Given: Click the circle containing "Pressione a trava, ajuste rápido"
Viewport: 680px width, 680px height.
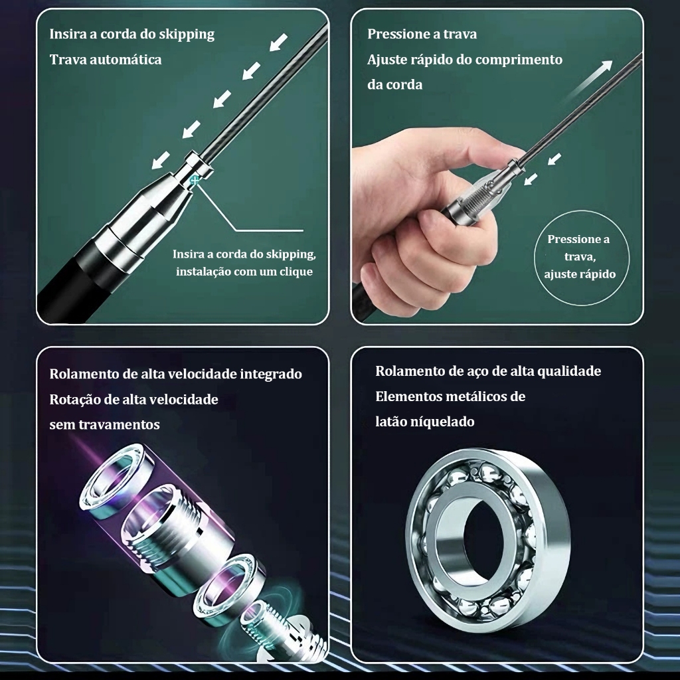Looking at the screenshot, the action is tap(581, 256).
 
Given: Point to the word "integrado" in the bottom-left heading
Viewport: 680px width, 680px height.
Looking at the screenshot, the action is tap(271, 375).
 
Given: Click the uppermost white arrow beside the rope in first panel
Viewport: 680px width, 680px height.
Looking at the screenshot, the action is tap(278, 42).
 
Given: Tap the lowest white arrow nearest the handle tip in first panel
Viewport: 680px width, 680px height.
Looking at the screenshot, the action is tap(161, 159).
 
